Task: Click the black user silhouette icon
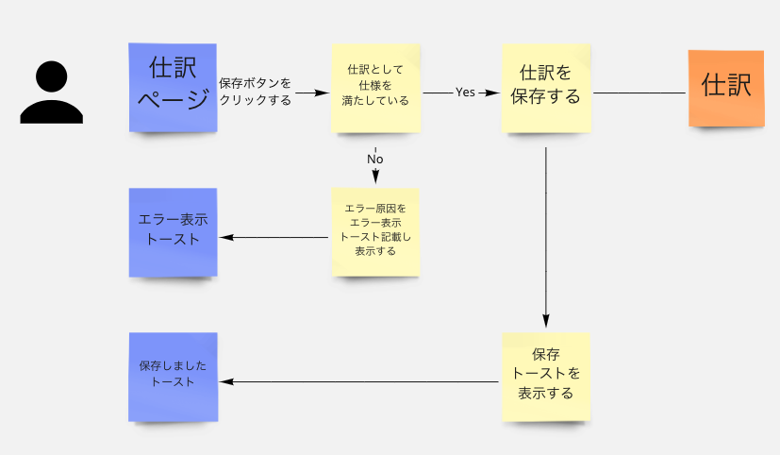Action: pos(51,93)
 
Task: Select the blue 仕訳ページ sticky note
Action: pos(173,88)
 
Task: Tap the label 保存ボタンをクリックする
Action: pos(256,92)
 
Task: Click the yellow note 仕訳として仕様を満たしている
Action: pos(375,88)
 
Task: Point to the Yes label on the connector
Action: pos(465,93)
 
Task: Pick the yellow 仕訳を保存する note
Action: pos(546,88)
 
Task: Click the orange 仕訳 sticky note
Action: pos(726,88)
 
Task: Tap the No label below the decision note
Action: pos(375,159)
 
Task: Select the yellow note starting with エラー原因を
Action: pos(375,232)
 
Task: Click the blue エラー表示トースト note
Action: pos(174,232)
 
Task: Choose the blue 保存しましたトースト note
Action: pos(174,377)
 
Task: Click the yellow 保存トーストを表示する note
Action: pos(546,377)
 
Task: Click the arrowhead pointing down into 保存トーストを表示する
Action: pos(546,321)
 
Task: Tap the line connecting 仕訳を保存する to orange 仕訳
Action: pos(639,93)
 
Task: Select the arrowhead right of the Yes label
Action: pos(492,93)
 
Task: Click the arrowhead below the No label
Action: pos(375,177)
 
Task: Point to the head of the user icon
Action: pos(51,76)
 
